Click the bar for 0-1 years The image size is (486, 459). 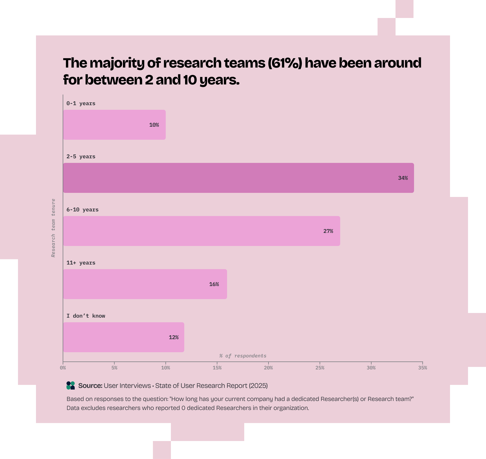click(114, 125)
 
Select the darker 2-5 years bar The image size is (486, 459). click(238, 178)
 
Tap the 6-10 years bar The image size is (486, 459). click(201, 231)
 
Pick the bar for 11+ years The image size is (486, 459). click(145, 284)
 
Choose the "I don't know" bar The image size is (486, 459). click(123, 337)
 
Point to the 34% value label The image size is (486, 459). click(403, 178)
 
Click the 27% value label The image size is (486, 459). click(328, 231)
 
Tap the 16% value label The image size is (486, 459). click(214, 284)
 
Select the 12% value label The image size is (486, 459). click(174, 338)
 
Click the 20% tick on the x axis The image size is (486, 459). click(268, 368)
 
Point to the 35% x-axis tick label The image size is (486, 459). click(422, 368)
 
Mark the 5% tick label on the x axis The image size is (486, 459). click(114, 368)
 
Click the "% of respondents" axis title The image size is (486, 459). click(243, 356)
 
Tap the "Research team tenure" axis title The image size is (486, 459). click(53, 228)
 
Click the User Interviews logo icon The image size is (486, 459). click(71, 385)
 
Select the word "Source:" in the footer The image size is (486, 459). click(90, 386)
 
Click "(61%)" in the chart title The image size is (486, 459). click(285, 63)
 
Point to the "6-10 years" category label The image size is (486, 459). click(82, 210)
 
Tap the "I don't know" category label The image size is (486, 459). click(86, 316)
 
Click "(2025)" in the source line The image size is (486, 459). click(258, 386)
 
